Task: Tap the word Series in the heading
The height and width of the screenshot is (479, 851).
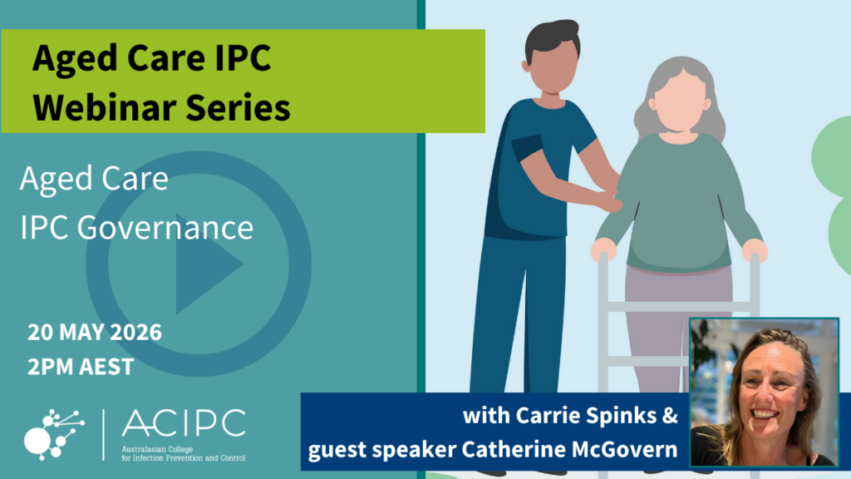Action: pyautogui.click(x=239, y=107)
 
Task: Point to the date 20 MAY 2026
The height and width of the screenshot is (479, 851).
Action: pyautogui.click(x=95, y=333)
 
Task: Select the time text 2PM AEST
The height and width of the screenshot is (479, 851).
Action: pyautogui.click(x=81, y=367)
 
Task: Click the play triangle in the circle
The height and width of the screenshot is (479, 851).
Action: pyautogui.click(x=208, y=264)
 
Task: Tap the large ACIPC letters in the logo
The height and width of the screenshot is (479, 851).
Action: pyautogui.click(x=184, y=423)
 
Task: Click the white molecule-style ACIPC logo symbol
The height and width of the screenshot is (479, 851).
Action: pyautogui.click(x=54, y=434)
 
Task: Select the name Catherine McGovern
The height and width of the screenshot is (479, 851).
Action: pyautogui.click(x=569, y=450)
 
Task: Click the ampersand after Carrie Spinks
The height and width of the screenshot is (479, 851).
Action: pyautogui.click(x=671, y=416)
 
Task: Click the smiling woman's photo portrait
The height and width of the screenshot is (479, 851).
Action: pyautogui.click(x=764, y=393)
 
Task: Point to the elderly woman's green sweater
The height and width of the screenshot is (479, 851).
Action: pyautogui.click(x=678, y=202)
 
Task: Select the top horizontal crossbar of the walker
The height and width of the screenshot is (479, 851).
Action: pyautogui.click(x=678, y=307)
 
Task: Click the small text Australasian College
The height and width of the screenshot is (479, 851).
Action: pyautogui.click(x=157, y=450)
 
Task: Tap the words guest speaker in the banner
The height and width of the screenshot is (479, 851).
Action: pyautogui.click(x=382, y=450)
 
